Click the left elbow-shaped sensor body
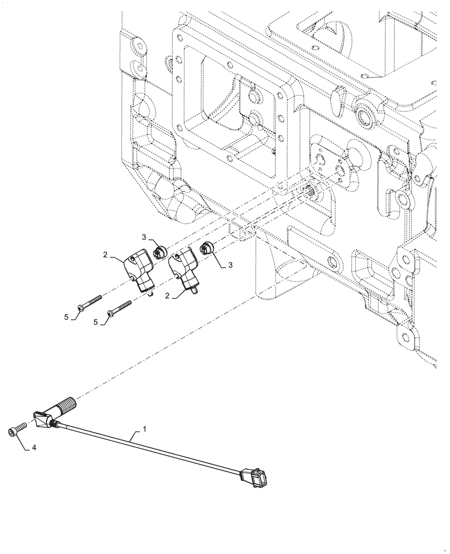coord(140,268)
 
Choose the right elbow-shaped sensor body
coord(185,266)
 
